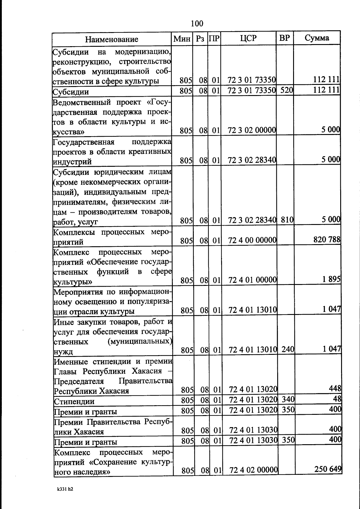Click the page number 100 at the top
(x=197, y=23)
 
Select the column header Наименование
(x=112, y=39)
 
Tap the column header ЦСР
(x=248, y=38)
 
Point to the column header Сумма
(x=317, y=38)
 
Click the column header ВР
(x=284, y=38)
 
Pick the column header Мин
(x=182, y=39)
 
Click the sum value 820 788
(x=327, y=239)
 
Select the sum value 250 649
(x=328, y=469)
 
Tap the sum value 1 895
(x=331, y=279)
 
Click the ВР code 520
(x=286, y=90)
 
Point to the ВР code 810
(x=287, y=220)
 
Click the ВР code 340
(x=288, y=399)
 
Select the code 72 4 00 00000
(x=252, y=240)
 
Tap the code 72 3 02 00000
(x=252, y=130)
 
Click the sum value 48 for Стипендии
(x=337, y=399)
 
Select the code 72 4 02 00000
(x=253, y=470)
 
